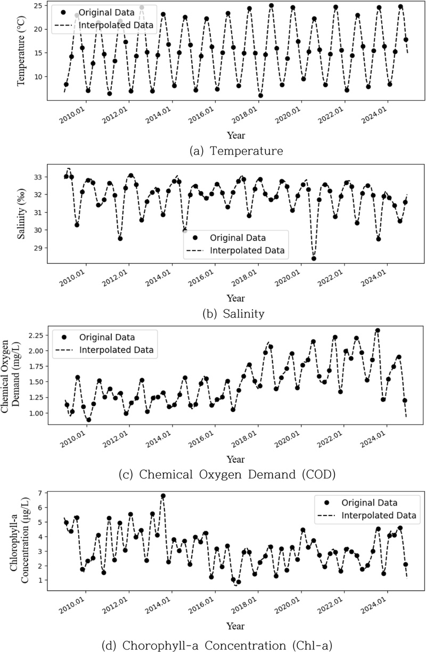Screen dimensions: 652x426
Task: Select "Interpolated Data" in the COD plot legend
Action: click(116, 350)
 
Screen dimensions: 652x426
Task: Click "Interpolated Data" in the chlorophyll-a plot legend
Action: click(378, 516)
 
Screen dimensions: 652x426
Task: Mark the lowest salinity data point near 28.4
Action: click(314, 258)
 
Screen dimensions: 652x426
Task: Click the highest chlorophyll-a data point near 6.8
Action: click(163, 496)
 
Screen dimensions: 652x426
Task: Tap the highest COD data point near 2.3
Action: click(378, 331)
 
